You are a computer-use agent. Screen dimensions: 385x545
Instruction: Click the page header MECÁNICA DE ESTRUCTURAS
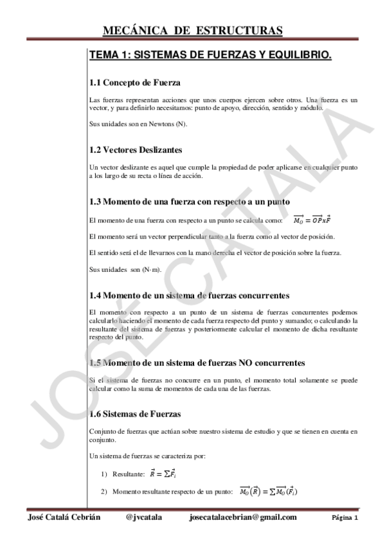(x=192, y=31)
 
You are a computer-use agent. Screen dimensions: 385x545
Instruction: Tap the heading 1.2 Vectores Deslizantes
(x=136, y=150)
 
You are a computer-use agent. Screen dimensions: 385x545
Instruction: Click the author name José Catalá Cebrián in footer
(x=64, y=517)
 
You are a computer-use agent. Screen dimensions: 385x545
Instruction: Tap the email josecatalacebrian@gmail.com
(x=244, y=517)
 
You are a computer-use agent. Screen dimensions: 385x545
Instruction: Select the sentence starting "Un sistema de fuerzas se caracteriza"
(x=147, y=456)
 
